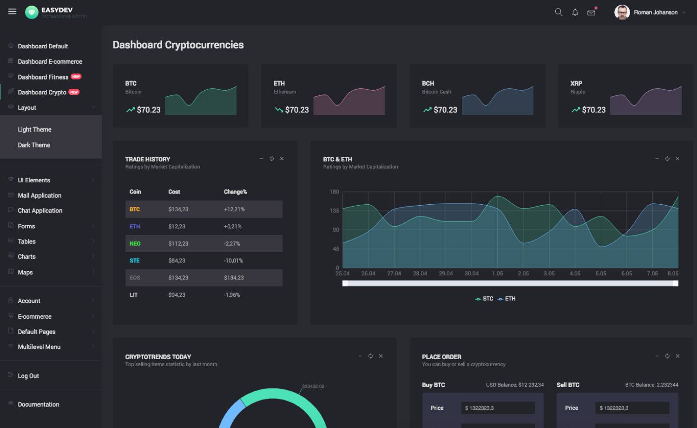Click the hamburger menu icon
[x=12, y=12]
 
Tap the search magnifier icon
[x=559, y=12]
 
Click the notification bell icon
[x=575, y=12]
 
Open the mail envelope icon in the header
[x=591, y=13]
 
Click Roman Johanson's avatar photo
[x=622, y=12]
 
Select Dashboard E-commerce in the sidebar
[x=50, y=61]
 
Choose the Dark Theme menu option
[x=34, y=145]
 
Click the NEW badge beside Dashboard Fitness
[x=76, y=76]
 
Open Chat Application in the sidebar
[x=40, y=211]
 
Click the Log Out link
[x=28, y=376]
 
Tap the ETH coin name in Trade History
[x=135, y=227]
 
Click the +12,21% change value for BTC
[x=234, y=209]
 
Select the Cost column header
[x=174, y=192]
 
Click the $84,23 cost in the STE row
[x=177, y=261]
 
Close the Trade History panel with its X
[x=282, y=159]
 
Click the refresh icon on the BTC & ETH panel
[x=667, y=159]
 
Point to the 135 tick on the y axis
[x=335, y=211]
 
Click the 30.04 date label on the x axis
[x=472, y=274]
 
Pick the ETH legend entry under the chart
[x=506, y=299]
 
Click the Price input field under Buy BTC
[x=498, y=408]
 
